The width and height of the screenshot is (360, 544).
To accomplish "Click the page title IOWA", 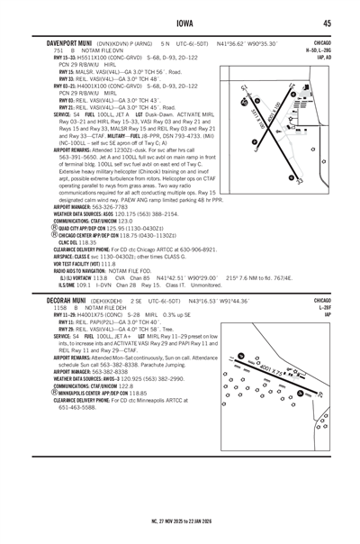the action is click(x=179, y=23).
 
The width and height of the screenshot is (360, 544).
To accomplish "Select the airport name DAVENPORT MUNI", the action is click(x=57, y=42).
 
